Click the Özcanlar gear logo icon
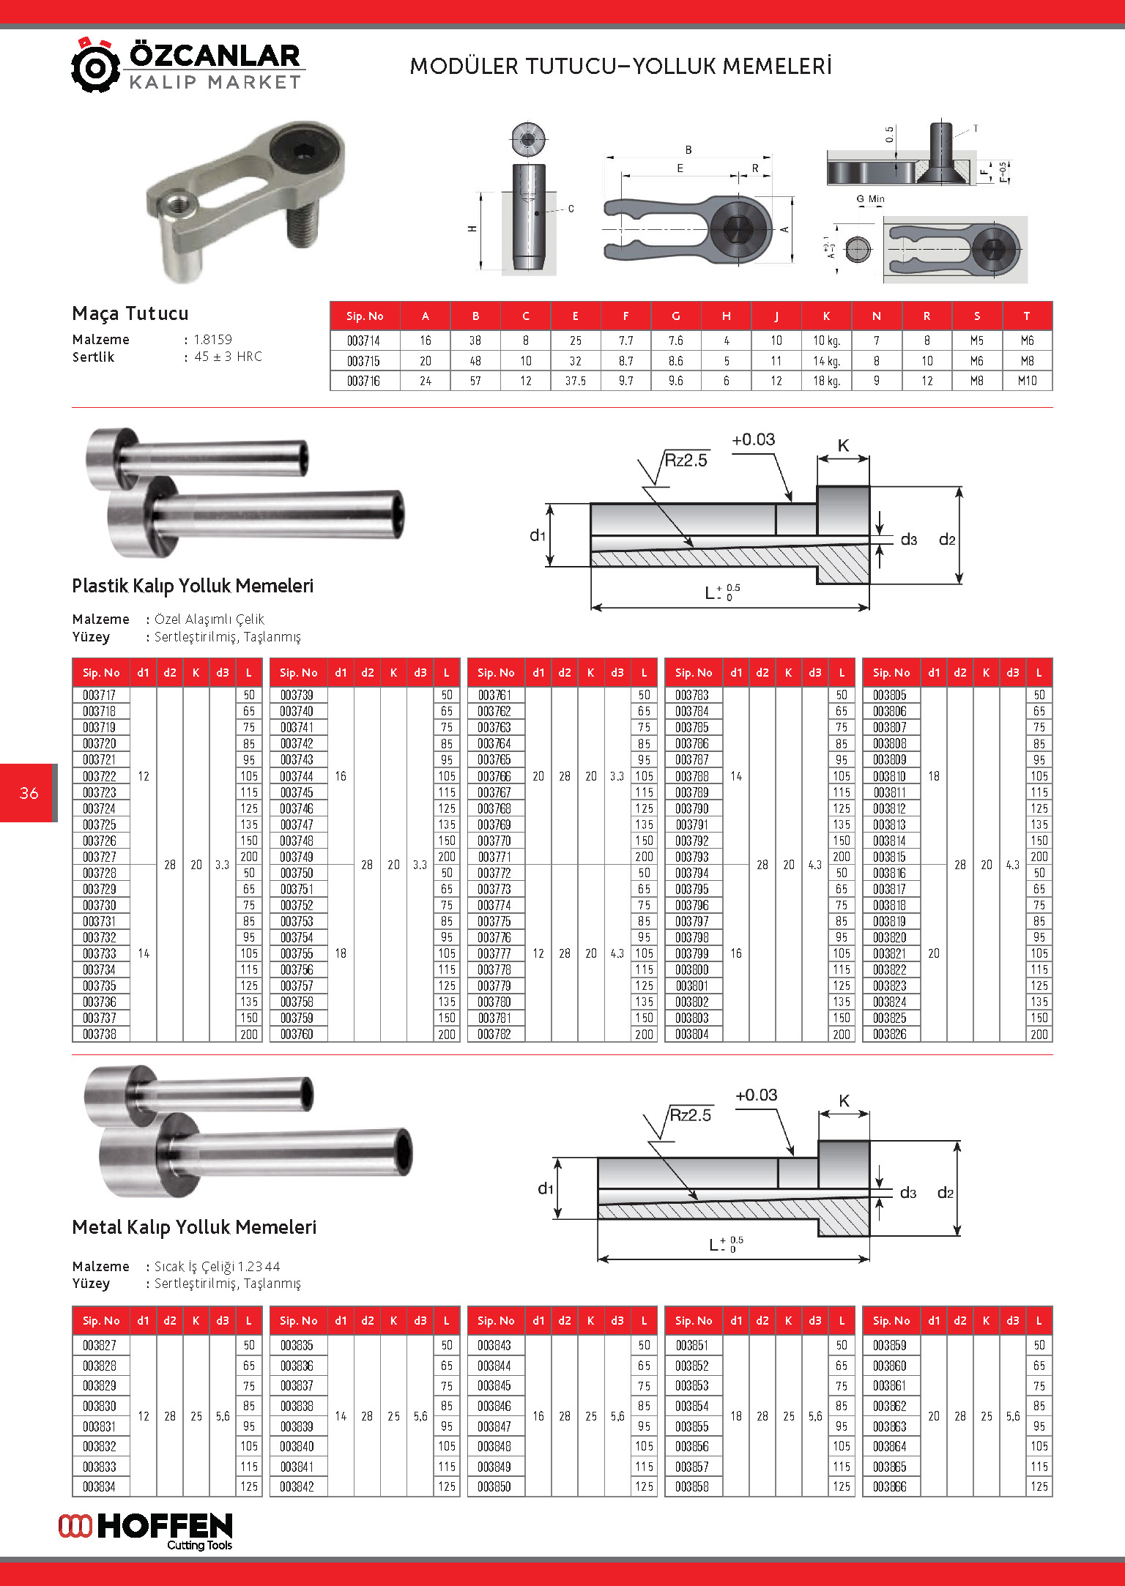[95, 67]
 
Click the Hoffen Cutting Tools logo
[146, 1531]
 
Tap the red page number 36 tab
[29, 793]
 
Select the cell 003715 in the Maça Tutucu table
[364, 361]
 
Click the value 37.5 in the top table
[575, 381]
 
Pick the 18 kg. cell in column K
[826, 381]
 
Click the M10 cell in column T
[1027, 381]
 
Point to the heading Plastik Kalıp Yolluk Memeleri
[193, 586]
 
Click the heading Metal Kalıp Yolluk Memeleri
[194, 1227]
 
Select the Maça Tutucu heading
[130, 313]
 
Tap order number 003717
[100, 695]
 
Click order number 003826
[890, 1034]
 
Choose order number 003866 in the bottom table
[890, 1486]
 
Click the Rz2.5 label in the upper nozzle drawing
[686, 461]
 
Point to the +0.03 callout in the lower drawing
[756, 1095]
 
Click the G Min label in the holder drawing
[870, 199]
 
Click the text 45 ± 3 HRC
[228, 357]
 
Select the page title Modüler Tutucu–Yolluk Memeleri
[620, 67]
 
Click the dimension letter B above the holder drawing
[688, 150]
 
